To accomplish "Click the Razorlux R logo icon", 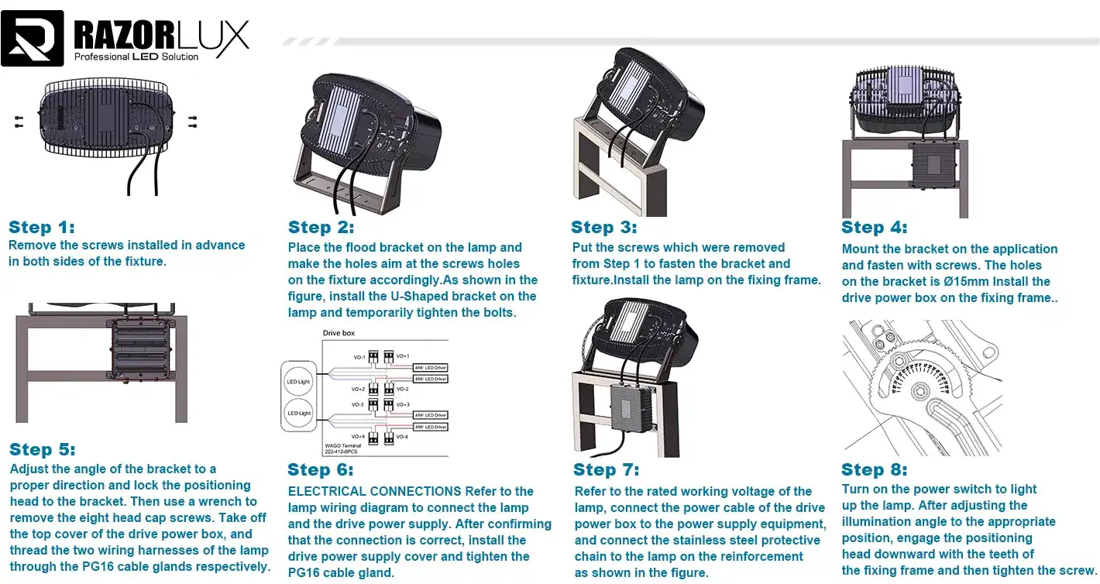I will (x=32, y=38).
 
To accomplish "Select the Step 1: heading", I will (x=42, y=227).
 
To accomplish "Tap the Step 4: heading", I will (x=874, y=227).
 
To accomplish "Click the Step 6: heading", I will (x=320, y=469).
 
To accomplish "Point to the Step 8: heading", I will (x=874, y=469).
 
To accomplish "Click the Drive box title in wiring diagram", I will (x=339, y=332).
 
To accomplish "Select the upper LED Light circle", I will (x=298, y=382).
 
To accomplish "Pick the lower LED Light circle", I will (x=298, y=414).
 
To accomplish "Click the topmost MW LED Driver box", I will (x=430, y=367).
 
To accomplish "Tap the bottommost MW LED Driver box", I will (x=430, y=427).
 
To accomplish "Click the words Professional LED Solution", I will (x=136, y=57).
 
